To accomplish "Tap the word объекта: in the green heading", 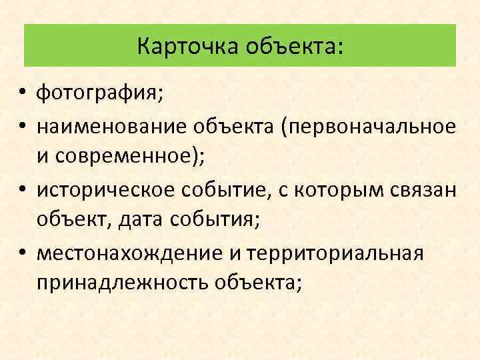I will pos(295,47).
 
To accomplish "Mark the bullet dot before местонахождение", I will pos(23,253).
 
